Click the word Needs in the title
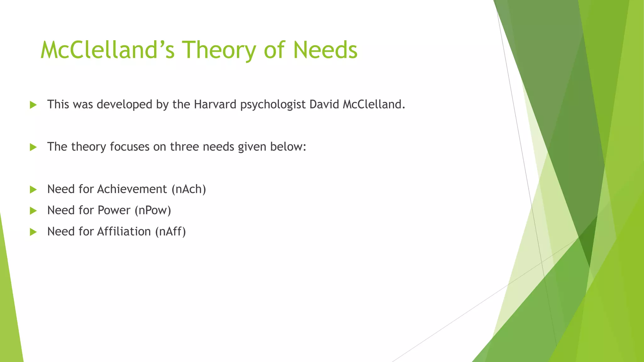325,50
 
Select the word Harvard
215,104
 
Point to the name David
324,104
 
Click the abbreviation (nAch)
189,189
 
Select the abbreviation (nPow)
153,210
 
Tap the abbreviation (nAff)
170,232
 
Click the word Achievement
132,189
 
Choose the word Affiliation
124,232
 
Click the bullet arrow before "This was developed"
33,105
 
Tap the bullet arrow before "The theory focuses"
33,147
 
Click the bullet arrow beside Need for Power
33,211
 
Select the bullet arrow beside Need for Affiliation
33,232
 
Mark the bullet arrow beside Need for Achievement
33,189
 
